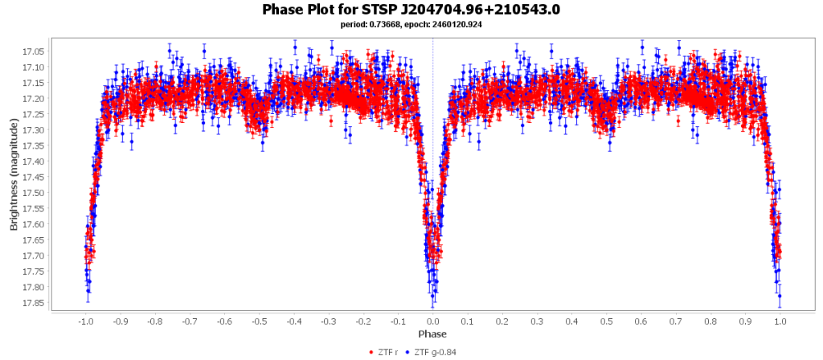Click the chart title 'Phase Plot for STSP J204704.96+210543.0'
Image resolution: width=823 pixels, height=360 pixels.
[411, 10]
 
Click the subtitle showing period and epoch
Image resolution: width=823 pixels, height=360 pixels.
[411, 25]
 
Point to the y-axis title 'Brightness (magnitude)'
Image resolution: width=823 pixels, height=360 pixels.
[14, 175]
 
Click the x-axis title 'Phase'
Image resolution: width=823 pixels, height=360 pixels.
[432, 333]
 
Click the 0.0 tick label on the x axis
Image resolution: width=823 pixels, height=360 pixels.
[433, 321]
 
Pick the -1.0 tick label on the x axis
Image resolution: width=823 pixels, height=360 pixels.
[84, 321]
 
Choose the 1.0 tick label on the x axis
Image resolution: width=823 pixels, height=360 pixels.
[780, 321]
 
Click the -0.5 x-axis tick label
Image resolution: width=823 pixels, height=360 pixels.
[258, 321]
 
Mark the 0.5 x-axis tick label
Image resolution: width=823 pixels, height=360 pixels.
[607, 321]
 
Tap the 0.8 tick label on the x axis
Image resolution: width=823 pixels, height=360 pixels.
[711, 321]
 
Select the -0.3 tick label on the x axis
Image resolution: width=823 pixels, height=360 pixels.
[328, 321]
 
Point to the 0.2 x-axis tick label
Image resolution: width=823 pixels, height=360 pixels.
[502, 321]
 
